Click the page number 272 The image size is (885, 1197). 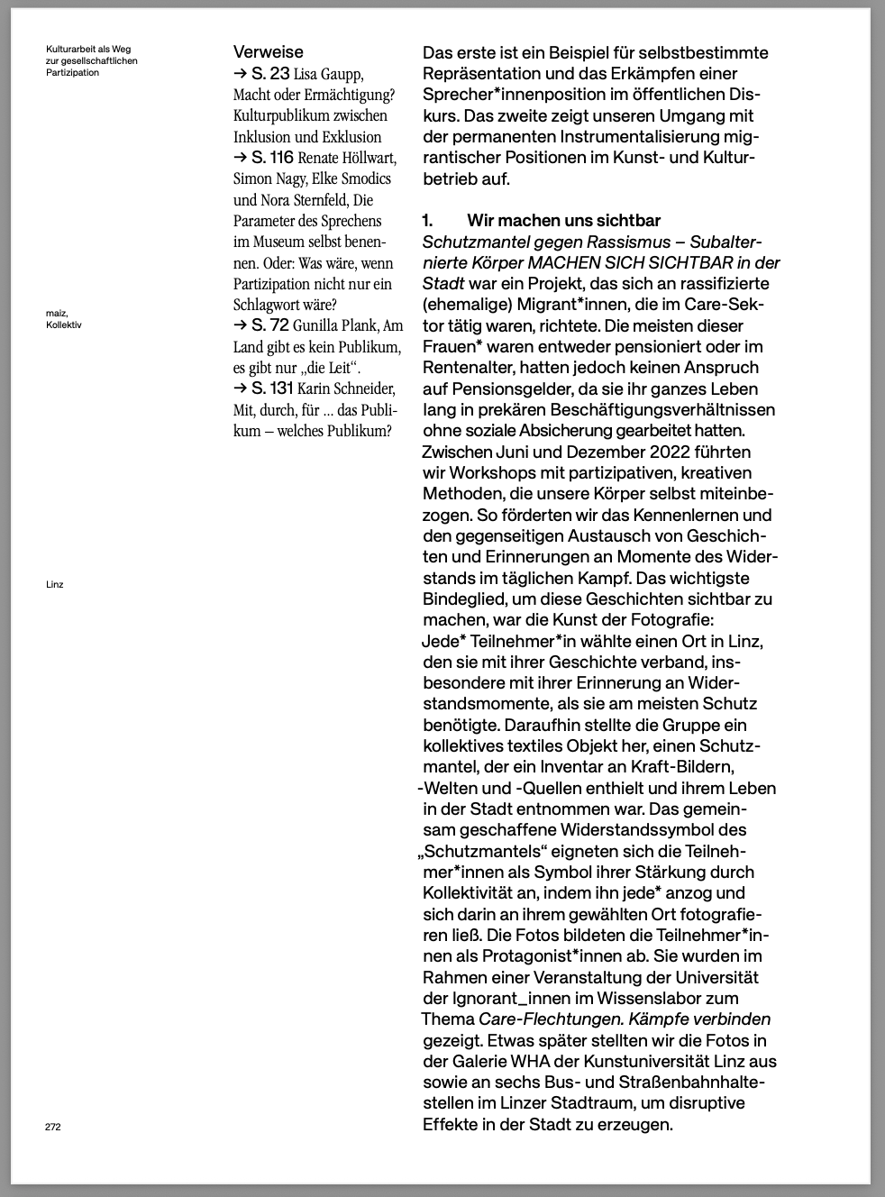(x=53, y=1127)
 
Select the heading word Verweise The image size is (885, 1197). (x=268, y=52)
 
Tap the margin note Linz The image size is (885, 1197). (x=55, y=584)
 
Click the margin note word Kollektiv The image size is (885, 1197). (x=64, y=324)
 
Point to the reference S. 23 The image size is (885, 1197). (x=270, y=74)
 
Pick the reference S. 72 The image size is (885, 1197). (x=270, y=325)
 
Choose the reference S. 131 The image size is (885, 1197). (x=273, y=388)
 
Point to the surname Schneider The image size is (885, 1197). (x=364, y=388)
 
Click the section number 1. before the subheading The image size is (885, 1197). (x=428, y=221)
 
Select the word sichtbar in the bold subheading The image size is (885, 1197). (x=627, y=221)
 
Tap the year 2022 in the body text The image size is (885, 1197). (x=669, y=452)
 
